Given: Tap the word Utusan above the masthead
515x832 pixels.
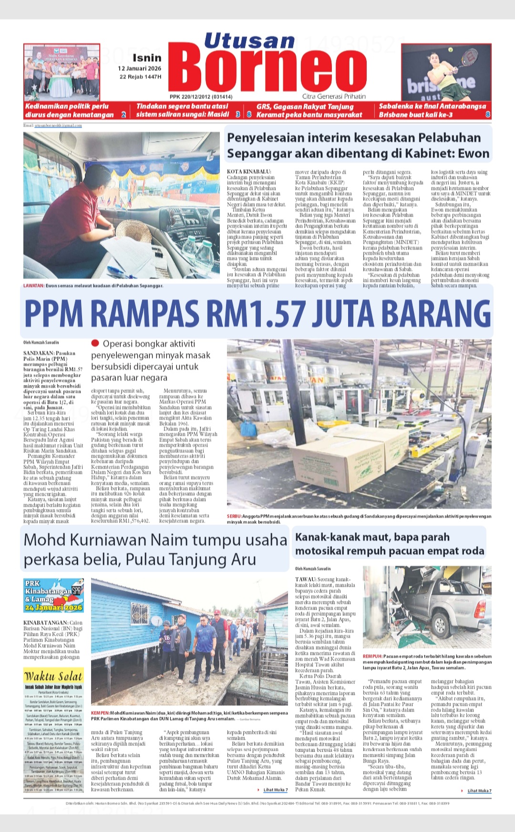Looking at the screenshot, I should (x=249, y=41).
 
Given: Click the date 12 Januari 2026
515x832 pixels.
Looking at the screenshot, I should (x=140, y=68).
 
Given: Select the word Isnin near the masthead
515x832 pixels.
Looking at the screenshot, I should (x=147, y=58).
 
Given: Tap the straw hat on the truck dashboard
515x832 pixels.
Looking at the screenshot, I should (x=134, y=234).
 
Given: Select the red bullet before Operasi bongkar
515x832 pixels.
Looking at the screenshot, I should (x=95, y=343).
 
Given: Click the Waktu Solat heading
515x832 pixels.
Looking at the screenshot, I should (x=53, y=676).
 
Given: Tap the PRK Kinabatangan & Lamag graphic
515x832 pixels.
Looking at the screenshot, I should (x=53, y=595).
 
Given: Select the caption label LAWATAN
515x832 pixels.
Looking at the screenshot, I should (x=33, y=286).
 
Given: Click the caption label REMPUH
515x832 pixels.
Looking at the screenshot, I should (x=372, y=656).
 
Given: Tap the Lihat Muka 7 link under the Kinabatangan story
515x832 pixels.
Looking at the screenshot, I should (x=276, y=790).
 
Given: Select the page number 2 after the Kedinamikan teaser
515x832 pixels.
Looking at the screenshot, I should (x=124, y=114).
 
